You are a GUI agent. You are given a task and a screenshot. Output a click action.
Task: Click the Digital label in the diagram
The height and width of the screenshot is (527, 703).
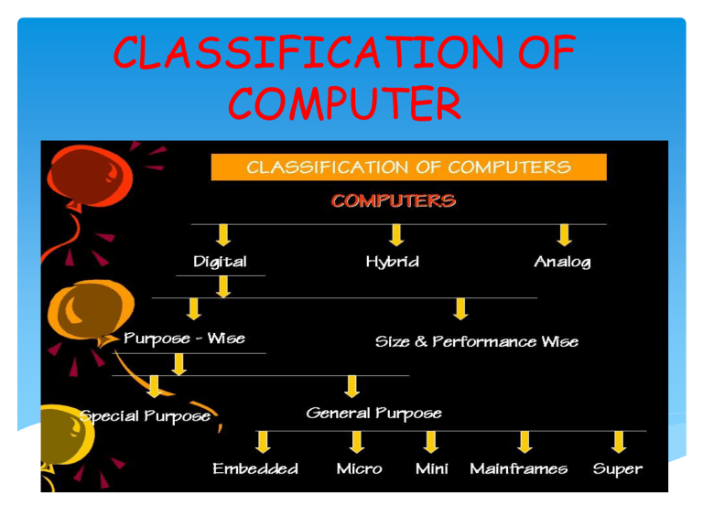(220, 262)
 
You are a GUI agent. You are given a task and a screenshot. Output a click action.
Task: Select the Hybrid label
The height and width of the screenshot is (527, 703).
(393, 262)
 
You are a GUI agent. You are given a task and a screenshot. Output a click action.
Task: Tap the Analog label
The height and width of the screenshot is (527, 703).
(562, 262)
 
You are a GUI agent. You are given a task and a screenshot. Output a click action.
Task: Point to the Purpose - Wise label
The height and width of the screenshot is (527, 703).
(185, 339)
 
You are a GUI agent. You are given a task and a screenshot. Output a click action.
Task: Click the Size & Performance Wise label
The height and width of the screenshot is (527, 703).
(477, 341)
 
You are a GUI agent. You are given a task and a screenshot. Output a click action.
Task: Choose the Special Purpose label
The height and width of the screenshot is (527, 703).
(146, 416)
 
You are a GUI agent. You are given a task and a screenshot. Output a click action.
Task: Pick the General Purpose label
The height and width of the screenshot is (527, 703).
(373, 414)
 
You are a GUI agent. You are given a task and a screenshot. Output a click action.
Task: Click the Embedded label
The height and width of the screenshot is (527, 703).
(255, 469)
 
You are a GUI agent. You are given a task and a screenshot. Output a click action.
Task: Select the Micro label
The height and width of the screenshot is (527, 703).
(359, 469)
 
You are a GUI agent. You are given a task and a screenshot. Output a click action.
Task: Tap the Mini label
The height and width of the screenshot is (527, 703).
(431, 469)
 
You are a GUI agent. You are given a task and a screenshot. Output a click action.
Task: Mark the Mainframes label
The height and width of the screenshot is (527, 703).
(518, 469)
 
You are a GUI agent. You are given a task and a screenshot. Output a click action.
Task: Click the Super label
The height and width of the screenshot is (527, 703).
(618, 469)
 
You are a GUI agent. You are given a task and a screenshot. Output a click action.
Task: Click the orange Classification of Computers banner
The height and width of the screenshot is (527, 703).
(409, 167)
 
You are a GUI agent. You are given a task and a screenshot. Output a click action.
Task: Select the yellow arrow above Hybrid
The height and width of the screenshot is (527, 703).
(395, 235)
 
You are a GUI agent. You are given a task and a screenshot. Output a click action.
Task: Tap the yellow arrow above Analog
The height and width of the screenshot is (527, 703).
(565, 235)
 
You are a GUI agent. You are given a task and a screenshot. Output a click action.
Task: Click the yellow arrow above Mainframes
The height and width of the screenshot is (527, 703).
(524, 442)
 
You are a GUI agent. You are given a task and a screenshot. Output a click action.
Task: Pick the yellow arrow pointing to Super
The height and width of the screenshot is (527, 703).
(620, 442)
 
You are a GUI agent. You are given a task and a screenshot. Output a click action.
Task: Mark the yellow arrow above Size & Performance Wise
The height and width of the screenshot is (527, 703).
(460, 309)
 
